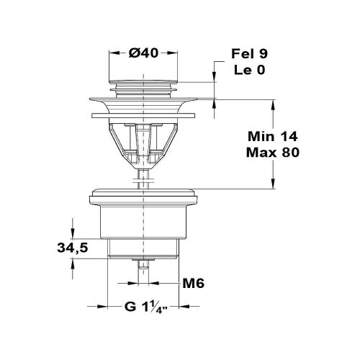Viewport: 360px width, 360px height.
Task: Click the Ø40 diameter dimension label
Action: point(145,53)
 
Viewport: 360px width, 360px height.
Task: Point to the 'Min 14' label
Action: point(272,136)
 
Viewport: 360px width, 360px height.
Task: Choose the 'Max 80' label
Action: point(272,153)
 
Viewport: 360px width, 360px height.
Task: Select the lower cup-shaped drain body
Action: point(145,223)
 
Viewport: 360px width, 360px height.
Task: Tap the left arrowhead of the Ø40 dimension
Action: point(111,53)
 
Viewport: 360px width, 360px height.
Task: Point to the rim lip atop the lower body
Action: point(145,194)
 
